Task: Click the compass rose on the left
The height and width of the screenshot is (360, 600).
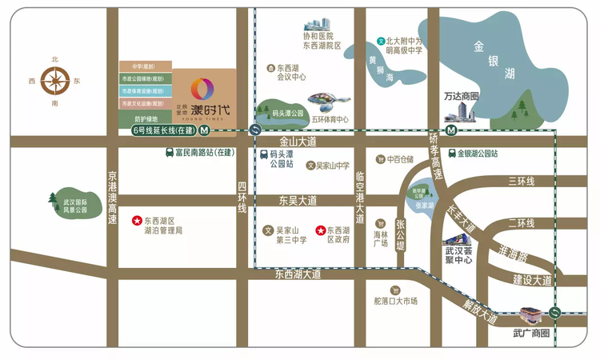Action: [x=55, y=80]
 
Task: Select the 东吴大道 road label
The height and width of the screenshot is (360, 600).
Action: [x=298, y=200]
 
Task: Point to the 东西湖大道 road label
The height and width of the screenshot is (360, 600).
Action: [x=298, y=274]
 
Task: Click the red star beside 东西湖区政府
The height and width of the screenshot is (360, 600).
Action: [x=321, y=229]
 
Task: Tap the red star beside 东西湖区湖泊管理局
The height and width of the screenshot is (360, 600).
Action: [x=136, y=220]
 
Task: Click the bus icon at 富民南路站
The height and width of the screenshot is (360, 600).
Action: [x=169, y=153]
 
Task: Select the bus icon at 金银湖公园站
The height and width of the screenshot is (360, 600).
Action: [x=450, y=153]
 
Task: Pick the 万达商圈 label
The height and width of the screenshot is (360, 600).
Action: [x=461, y=97]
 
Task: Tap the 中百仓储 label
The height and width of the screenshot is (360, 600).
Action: [x=399, y=159]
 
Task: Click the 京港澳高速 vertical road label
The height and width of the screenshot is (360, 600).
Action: [x=112, y=198]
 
